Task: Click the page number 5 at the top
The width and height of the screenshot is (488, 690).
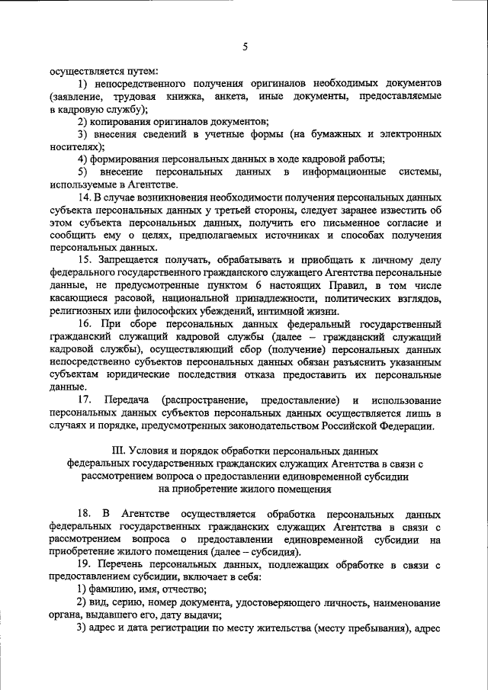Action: click(x=245, y=47)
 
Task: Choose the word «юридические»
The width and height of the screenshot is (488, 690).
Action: click(x=127, y=374)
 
